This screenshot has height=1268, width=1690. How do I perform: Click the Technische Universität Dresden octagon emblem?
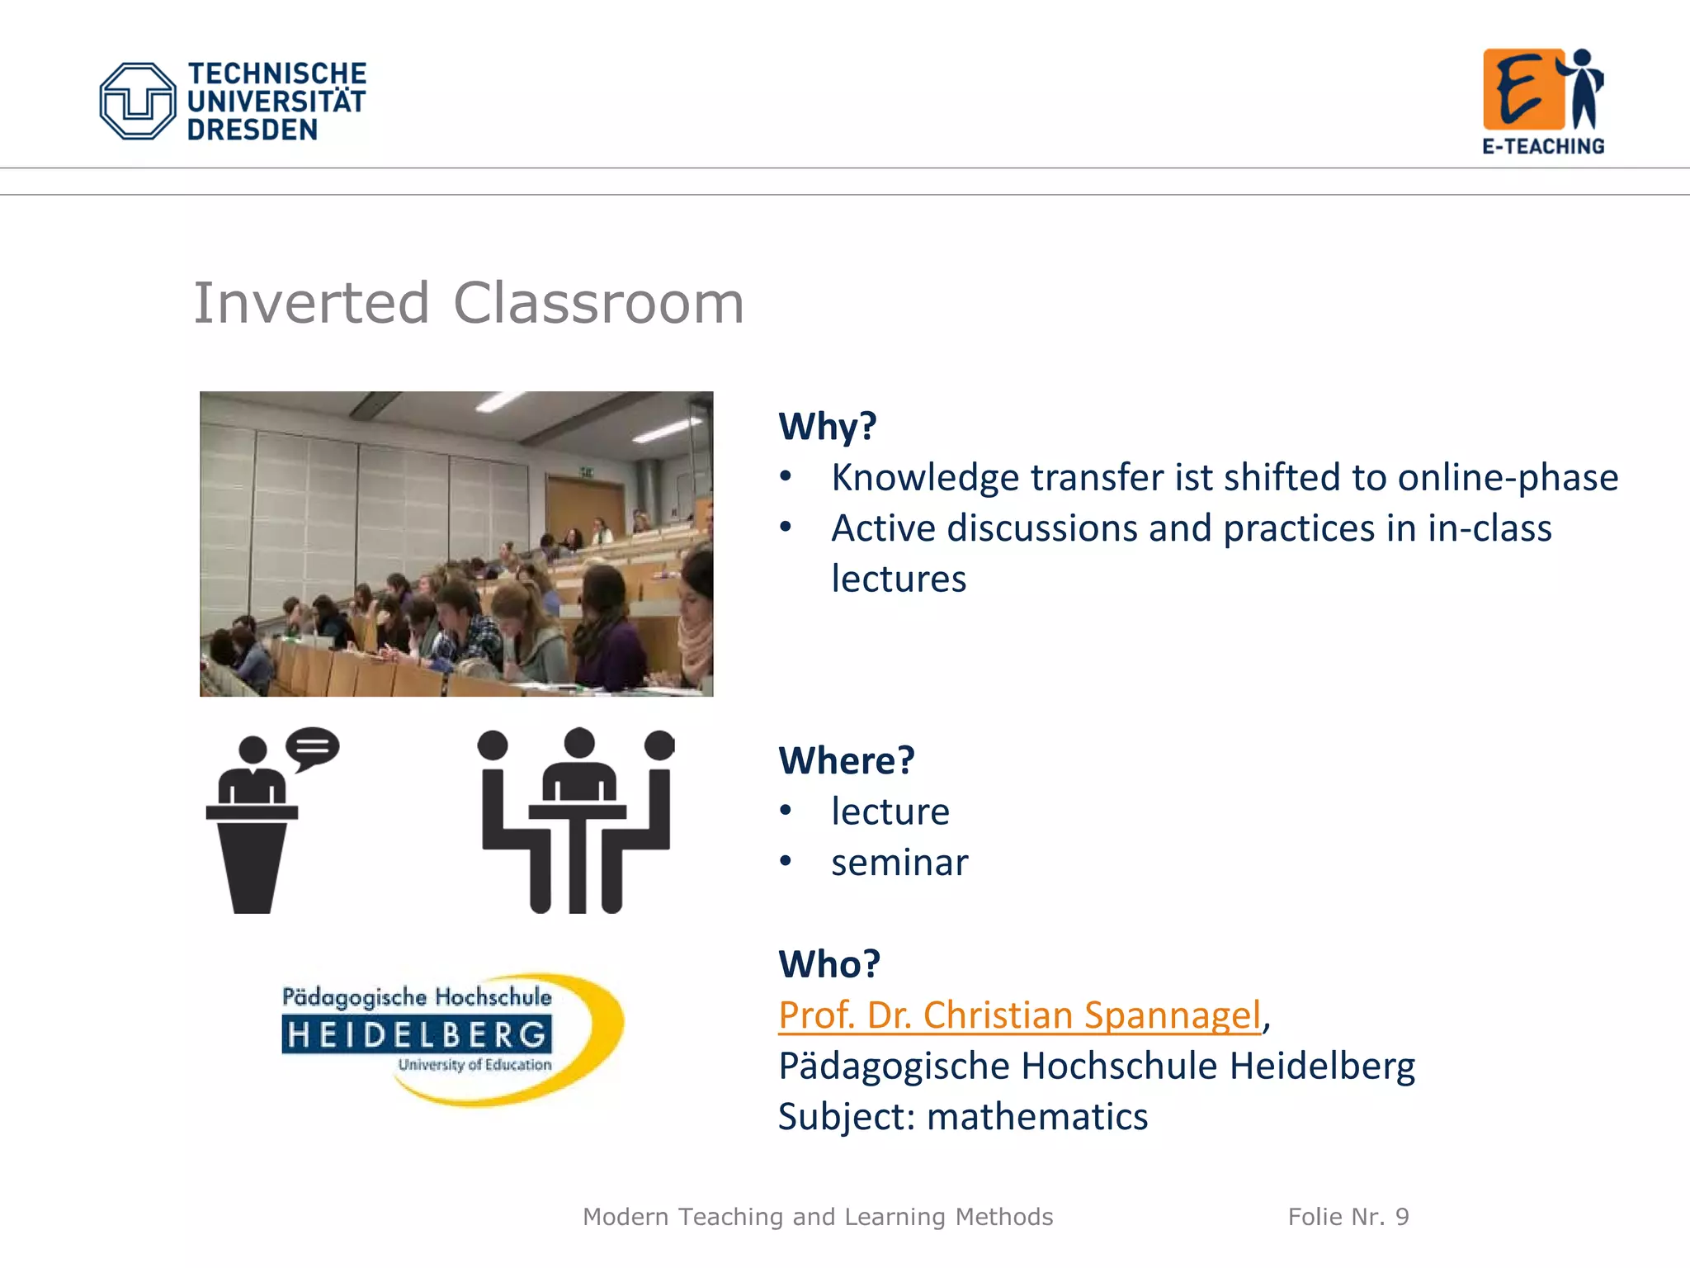pos(137,102)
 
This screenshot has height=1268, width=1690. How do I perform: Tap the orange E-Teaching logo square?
pos(1522,89)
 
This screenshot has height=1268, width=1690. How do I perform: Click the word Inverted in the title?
pos(311,303)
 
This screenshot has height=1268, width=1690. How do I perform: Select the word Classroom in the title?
pos(598,303)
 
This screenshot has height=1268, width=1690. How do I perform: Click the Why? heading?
pos(827,427)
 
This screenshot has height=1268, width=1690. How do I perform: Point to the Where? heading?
pos(847,760)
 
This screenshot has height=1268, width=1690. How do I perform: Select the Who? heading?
pos(829,964)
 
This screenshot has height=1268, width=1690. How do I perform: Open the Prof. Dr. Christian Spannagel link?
pos(1020,1015)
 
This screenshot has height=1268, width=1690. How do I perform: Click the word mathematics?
pos(1037,1117)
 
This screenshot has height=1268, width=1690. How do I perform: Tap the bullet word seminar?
pos(899,863)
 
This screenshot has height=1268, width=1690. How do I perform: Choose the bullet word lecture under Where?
pos(890,811)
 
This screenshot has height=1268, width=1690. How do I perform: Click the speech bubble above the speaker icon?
pos(312,748)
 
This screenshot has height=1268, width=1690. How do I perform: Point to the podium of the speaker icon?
pos(252,863)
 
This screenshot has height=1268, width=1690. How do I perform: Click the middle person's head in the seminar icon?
pos(579,743)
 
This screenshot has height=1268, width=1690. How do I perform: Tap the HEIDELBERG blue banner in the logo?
pos(417,1034)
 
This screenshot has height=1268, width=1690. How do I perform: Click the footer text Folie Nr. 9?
pos(1348,1217)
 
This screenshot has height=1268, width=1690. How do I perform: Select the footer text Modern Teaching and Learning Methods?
pos(818,1217)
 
